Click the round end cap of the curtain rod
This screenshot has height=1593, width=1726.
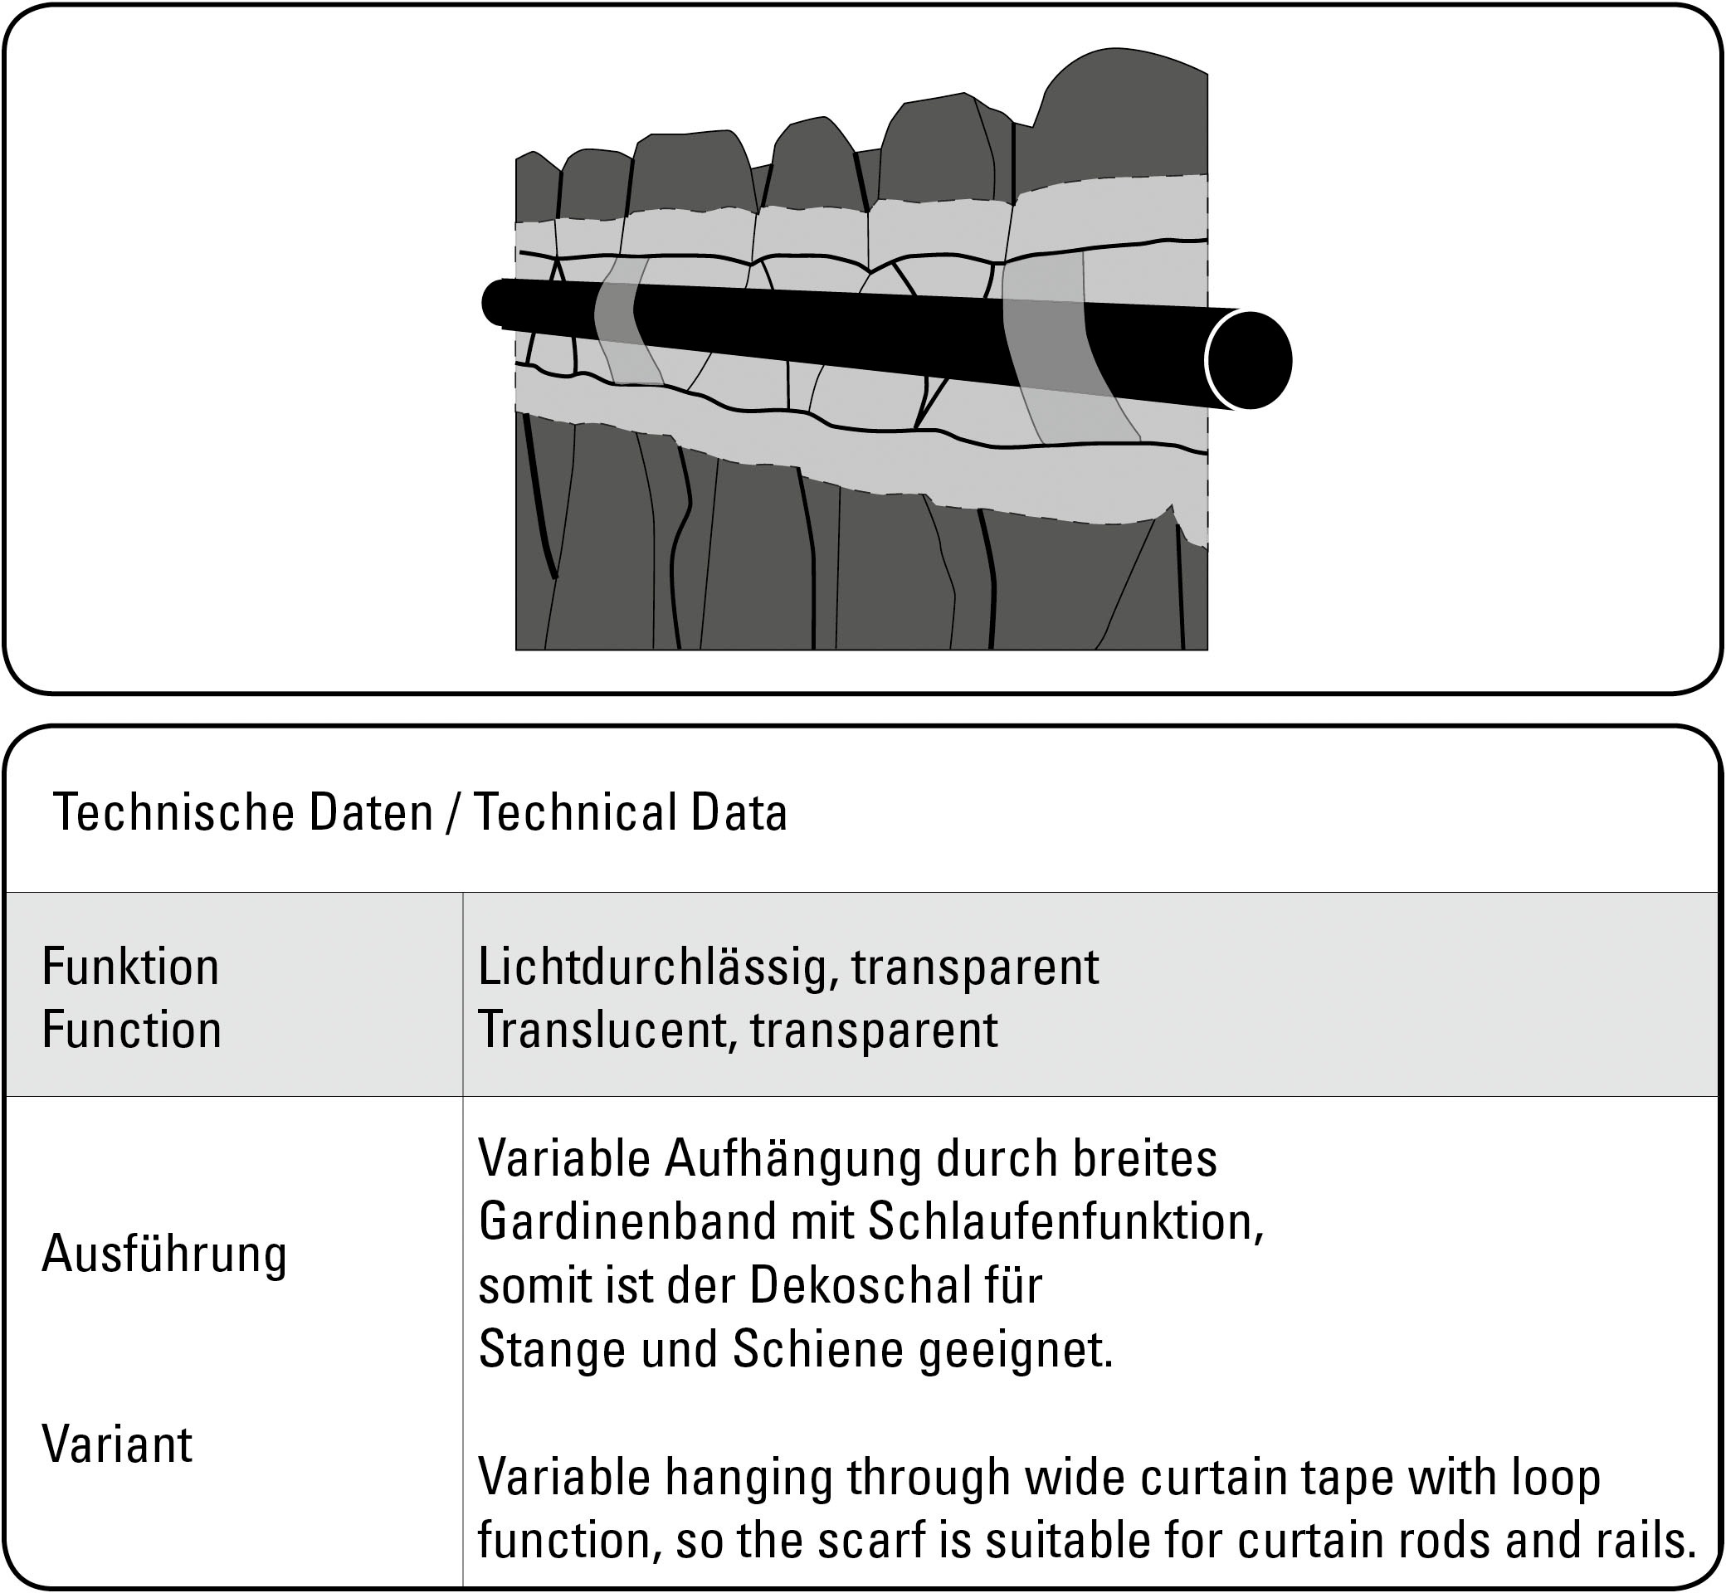pyautogui.click(x=1249, y=359)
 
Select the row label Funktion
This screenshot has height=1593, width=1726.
pyautogui.click(x=131, y=967)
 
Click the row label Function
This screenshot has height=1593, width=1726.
pyautogui.click(x=132, y=1030)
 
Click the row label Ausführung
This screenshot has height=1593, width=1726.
pyautogui.click(x=164, y=1254)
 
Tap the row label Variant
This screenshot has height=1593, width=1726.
pyautogui.click(x=117, y=1444)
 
